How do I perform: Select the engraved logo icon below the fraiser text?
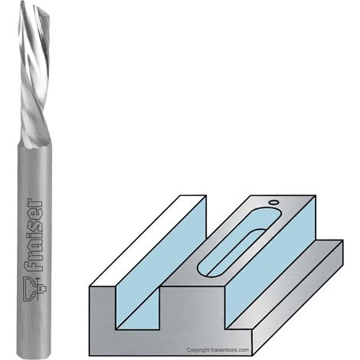pyautogui.click(x=34, y=289)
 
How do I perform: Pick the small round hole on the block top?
pyautogui.click(x=273, y=202)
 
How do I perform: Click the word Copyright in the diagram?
pyautogui.click(x=198, y=350)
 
